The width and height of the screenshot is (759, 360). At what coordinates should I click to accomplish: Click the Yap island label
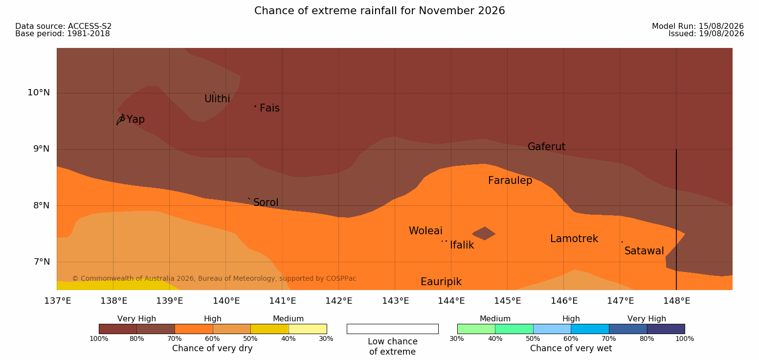point(135,120)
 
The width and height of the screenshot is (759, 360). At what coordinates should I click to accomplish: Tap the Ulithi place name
point(217,99)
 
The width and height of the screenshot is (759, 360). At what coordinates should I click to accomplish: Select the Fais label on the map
point(270,108)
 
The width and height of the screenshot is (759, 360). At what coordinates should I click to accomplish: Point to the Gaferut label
point(547,147)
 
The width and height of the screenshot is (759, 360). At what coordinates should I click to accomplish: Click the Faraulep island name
point(510,180)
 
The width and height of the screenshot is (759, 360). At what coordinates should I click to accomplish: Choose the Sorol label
point(266,202)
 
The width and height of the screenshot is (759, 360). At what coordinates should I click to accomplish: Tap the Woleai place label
point(425,231)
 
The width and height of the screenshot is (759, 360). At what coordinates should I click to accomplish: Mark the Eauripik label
point(441,282)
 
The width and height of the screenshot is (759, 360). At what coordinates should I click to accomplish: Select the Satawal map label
point(644,251)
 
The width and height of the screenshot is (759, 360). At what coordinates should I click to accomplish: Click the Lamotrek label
point(574,239)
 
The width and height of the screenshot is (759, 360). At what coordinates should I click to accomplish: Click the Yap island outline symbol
point(121,119)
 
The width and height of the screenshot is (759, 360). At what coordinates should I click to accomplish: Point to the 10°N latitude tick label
point(39,92)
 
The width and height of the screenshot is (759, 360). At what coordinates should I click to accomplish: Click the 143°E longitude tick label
point(396,301)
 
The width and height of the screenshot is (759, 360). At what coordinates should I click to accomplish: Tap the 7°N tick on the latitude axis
point(42,262)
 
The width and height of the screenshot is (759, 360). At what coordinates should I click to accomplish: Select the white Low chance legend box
point(393,329)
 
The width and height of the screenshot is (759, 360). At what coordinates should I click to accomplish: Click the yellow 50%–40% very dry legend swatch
point(270,329)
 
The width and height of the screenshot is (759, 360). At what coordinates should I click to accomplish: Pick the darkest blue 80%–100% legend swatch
point(666,329)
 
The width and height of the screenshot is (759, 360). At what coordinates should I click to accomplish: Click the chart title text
point(379,11)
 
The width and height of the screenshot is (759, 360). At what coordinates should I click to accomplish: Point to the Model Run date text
point(698,26)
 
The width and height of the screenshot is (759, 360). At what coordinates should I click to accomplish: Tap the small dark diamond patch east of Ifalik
point(484,233)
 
